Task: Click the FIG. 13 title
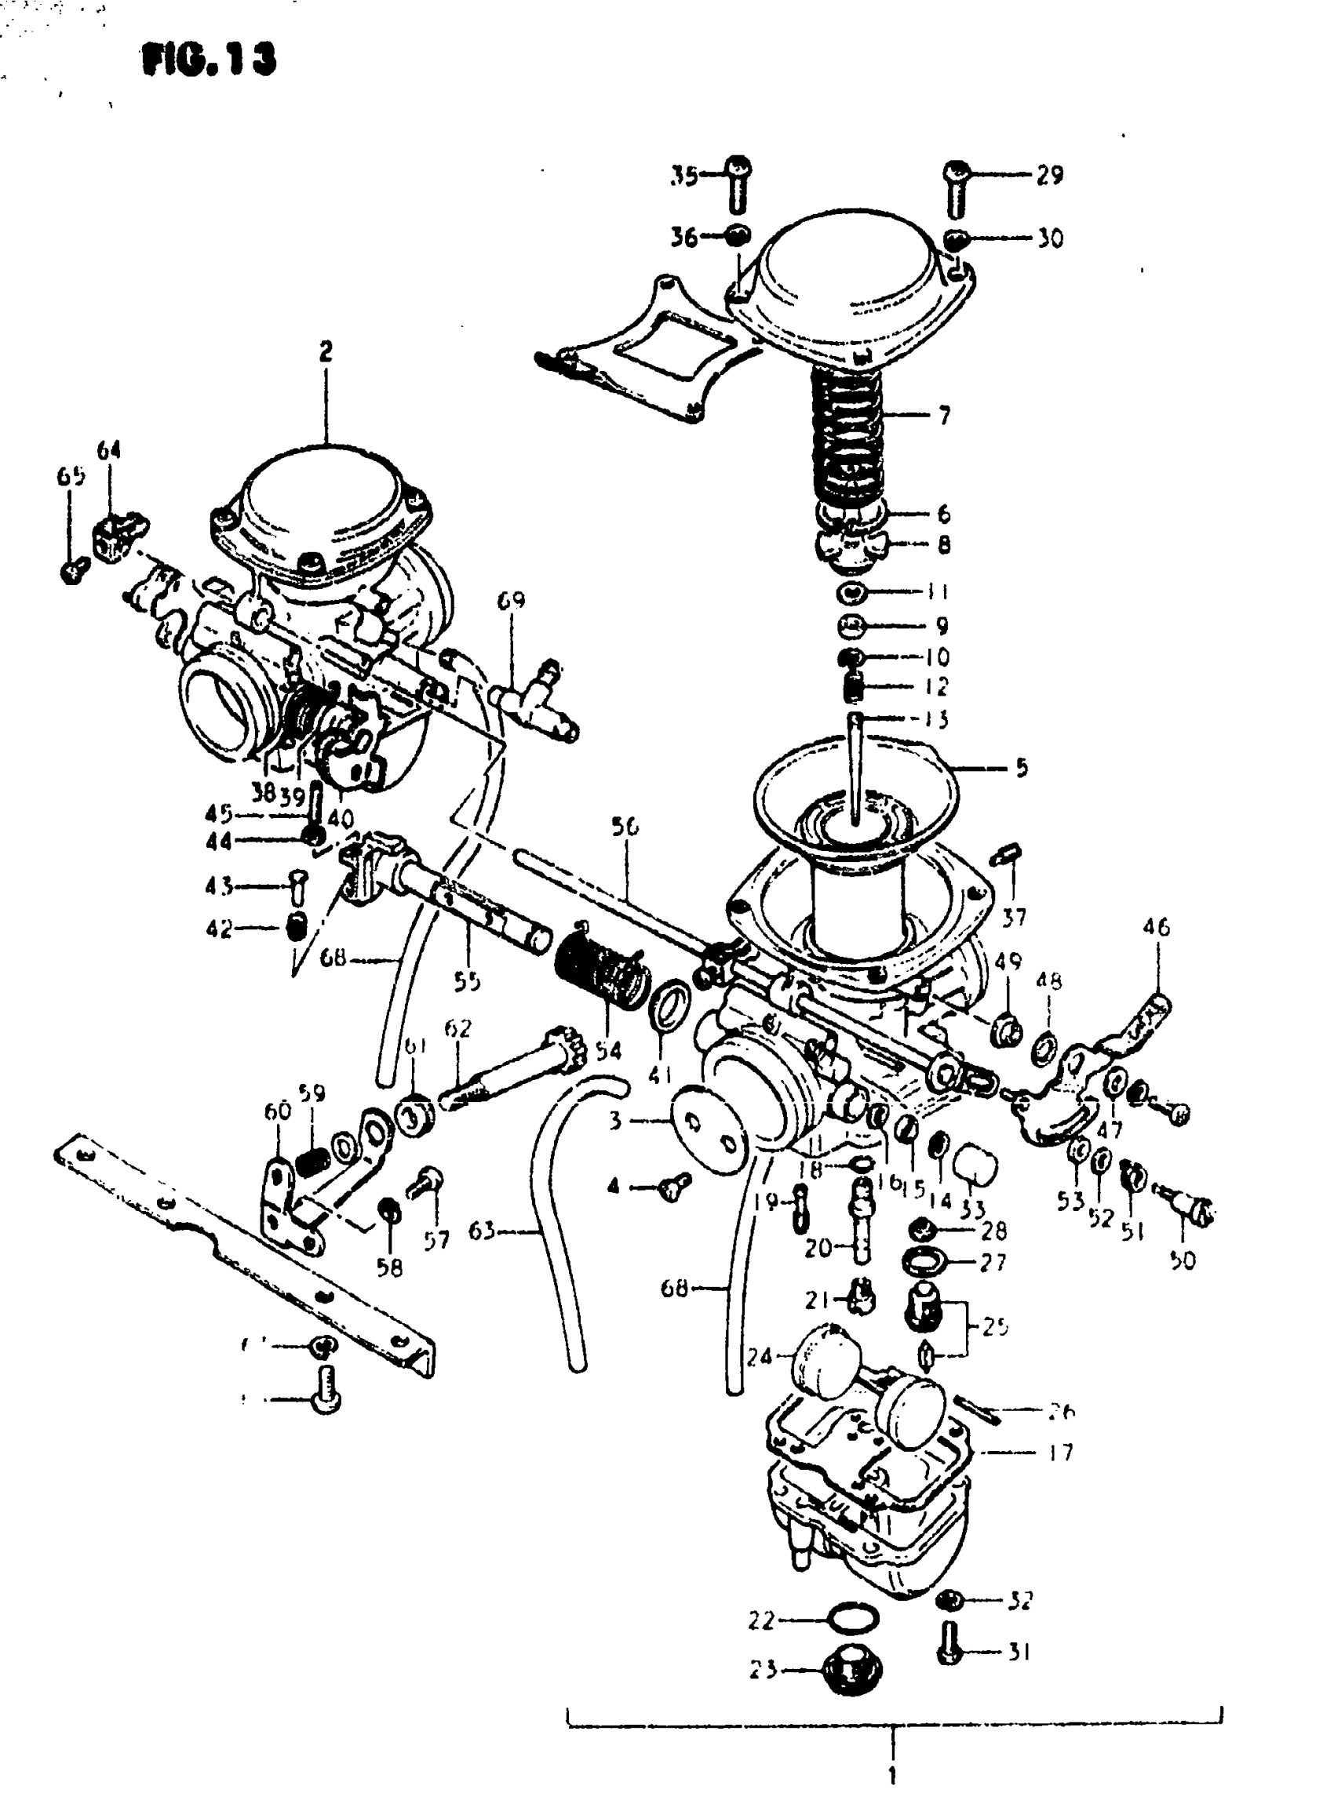coord(208,60)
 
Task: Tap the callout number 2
coord(326,351)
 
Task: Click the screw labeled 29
coord(957,187)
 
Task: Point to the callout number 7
coord(944,416)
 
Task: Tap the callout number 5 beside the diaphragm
coord(1022,768)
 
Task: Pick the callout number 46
coord(1157,927)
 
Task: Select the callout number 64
coord(109,450)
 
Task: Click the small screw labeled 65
coord(75,571)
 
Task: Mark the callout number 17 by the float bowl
coord(1059,1453)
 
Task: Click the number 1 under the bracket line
coord(892,1776)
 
